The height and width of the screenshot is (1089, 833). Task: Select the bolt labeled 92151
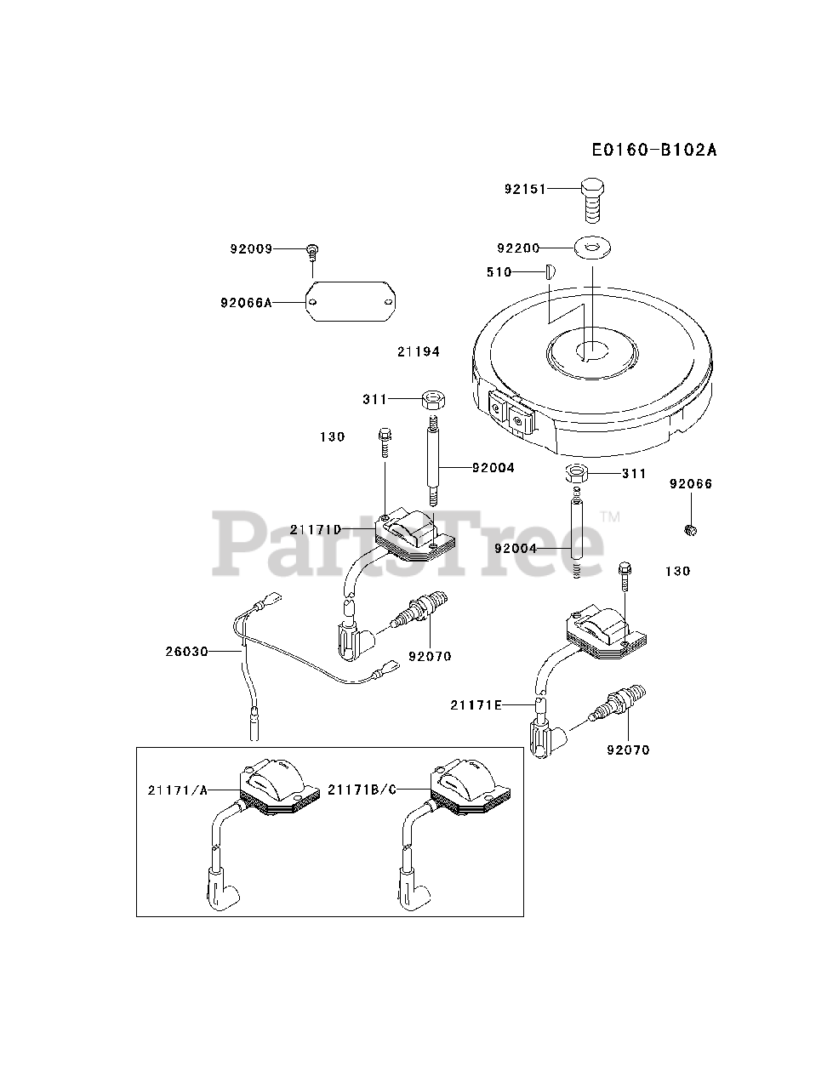[592, 197]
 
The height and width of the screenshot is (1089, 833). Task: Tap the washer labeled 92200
[593, 248]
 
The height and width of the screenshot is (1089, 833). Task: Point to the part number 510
[499, 272]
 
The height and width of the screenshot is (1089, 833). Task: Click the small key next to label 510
[549, 272]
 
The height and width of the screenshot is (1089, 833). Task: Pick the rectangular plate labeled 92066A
[351, 301]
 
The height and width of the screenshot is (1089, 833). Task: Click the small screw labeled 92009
[312, 250]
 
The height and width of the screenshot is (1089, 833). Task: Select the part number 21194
[419, 351]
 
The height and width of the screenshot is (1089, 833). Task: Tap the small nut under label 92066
[691, 531]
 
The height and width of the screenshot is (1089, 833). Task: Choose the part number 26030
[187, 652]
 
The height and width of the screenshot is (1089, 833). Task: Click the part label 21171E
[477, 704]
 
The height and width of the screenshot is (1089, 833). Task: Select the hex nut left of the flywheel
[432, 398]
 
